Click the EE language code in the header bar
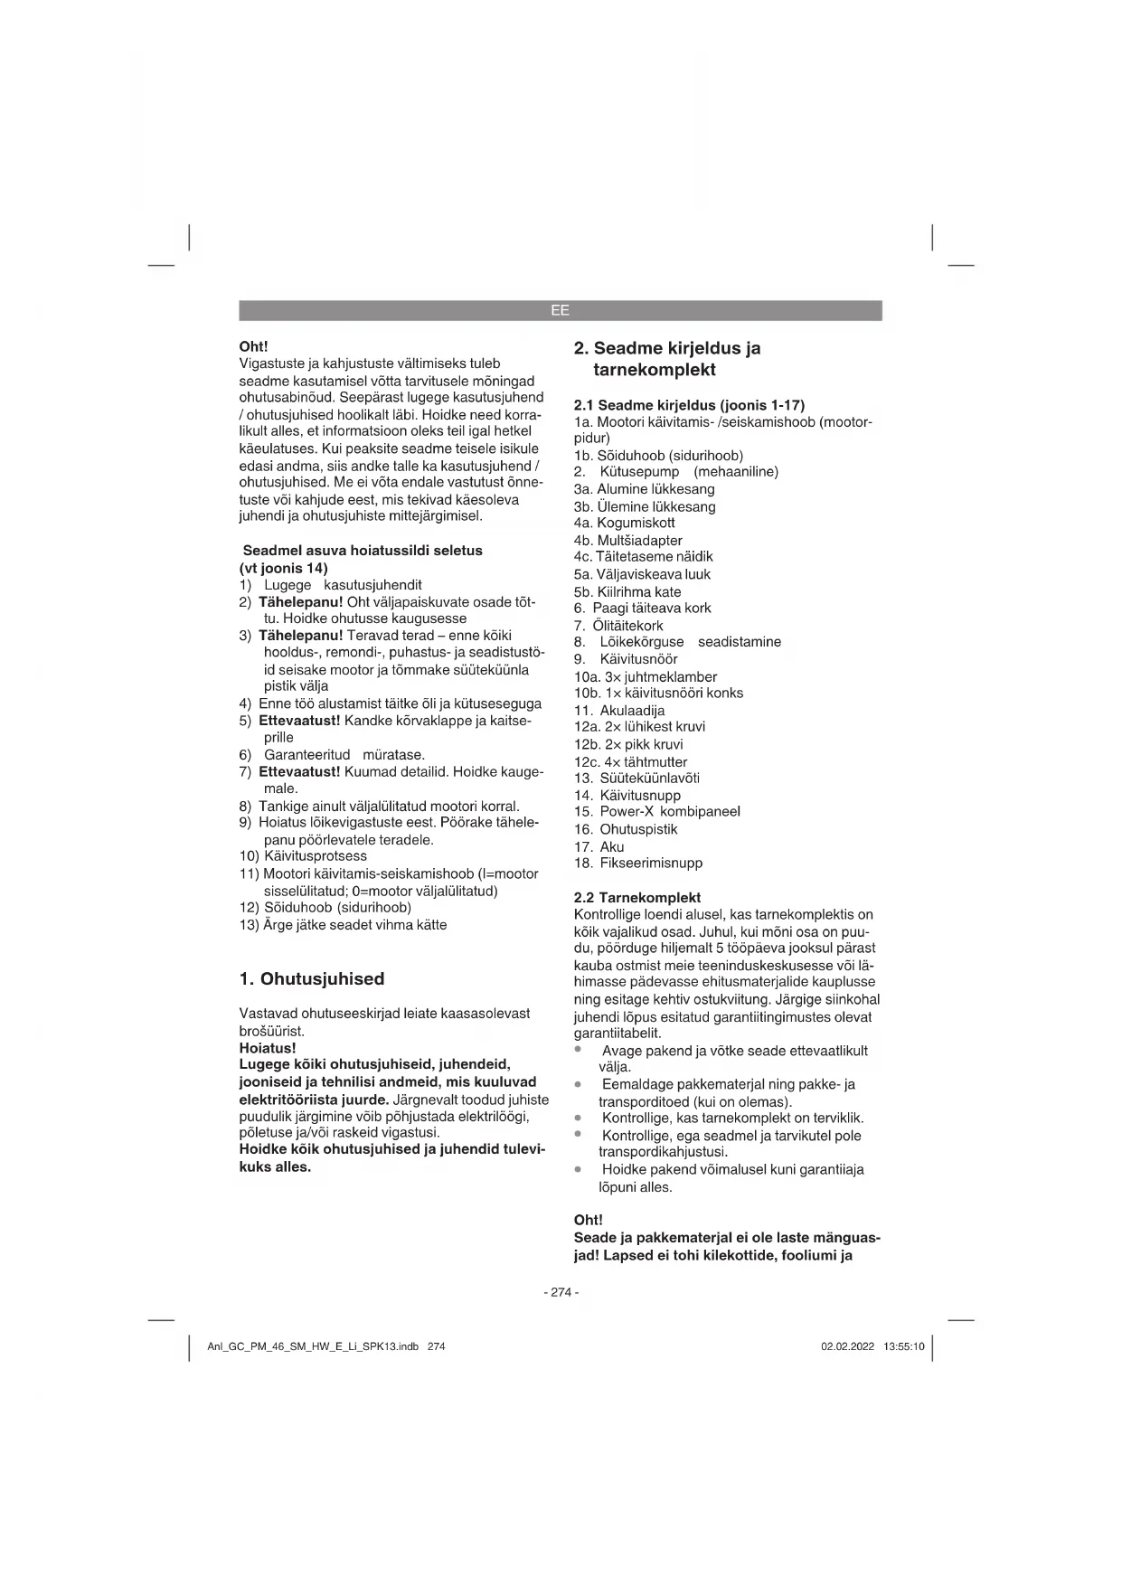pyautogui.click(x=560, y=310)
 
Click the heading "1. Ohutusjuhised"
pyautogui.click(x=312, y=978)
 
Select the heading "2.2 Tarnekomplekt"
pyautogui.click(x=637, y=898)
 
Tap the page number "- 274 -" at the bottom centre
pyautogui.click(x=561, y=1292)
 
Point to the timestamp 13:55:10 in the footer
pyautogui.click(x=904, y=1346)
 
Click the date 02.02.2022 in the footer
pyautogui.click(x=847, y=1346)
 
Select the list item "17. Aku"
pyautogui.click(x=599, y=846)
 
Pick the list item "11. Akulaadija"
pyautogui.click(x=619, y=710)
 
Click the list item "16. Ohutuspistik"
pyautogui.click(x=626, y=829)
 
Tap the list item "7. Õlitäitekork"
pyautogui.click(x=618, y=626)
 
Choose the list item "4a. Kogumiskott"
pyautogui.click(x=624, y=523)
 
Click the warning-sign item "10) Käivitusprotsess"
pyautogui.click(x=303, y=856)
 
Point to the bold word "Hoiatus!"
pyautogui.click(x=268, y=1048)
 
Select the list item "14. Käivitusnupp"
pyautogui.click(x=627, y=796)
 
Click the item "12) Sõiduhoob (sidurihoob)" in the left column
pyautogui.click(x=325, y=907)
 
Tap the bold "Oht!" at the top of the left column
pyautogui.click(x=253, y=346)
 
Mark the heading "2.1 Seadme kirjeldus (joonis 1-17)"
pyautogui.click(x=689, y=404)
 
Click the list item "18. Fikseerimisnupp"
pyautogui.click(x=638, y=863)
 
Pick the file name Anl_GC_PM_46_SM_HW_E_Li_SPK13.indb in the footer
pyautogui.click(x=313, y=1346)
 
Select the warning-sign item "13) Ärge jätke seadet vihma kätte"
pyautogui.click(x=343, y=924)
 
